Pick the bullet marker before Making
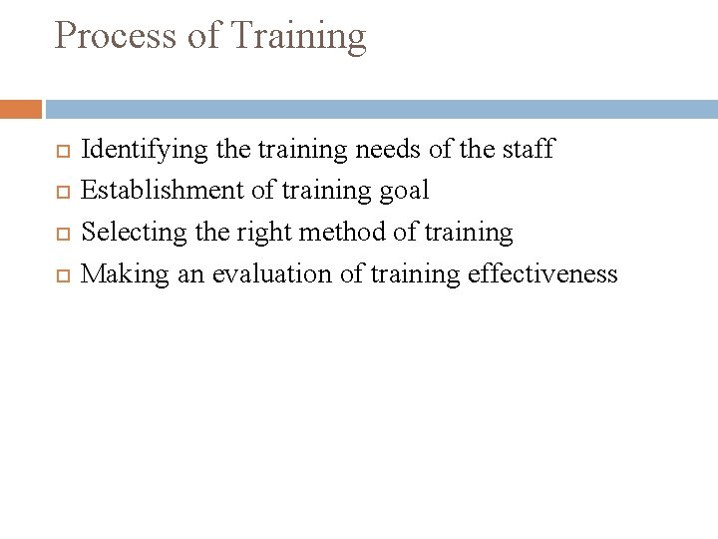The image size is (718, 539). tap(56, 275)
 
